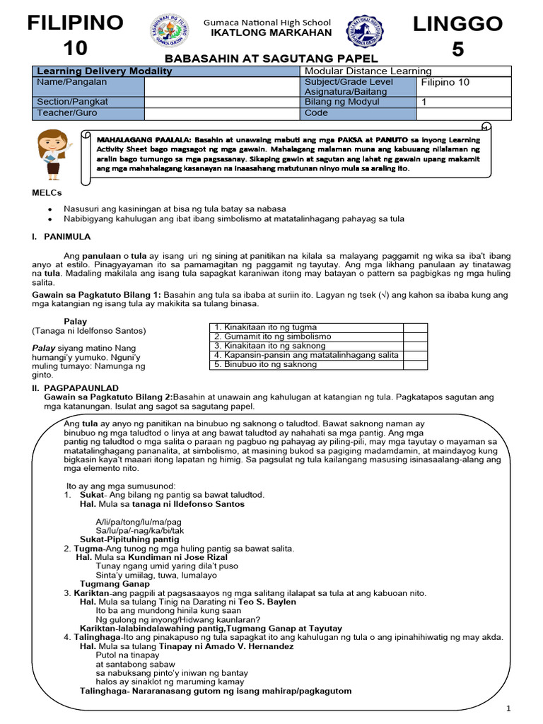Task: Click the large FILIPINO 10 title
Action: [x=75, y=35]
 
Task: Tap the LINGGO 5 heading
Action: [x=458, y=36]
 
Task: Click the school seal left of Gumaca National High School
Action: [x=169, y=30]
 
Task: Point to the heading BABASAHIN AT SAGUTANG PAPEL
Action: [x=271, y=59]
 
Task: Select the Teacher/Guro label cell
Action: [x=88, y=113]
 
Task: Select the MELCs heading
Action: [x=47, y=193]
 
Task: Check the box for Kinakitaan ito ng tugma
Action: [x=414, y=327]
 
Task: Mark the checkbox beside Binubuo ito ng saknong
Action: [x=414, y=365]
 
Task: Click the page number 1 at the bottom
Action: [x=509, y=709]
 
